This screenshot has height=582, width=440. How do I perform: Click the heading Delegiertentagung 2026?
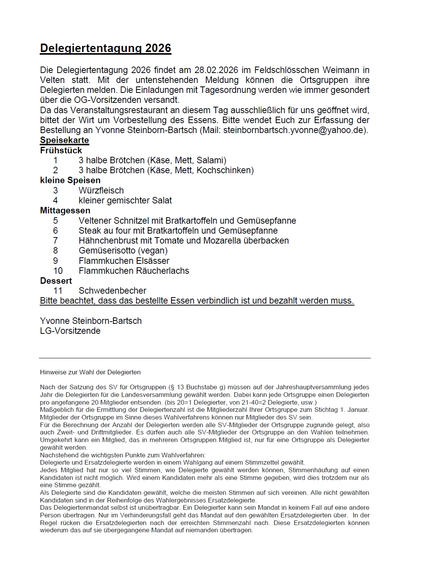coord(105,48)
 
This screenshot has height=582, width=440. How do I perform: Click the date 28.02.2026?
coord(216,70)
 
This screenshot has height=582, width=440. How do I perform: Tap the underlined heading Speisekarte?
coord(65,140)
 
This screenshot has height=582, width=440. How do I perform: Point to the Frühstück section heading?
coord(61,151)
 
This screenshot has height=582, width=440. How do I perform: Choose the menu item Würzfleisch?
coord(101,191)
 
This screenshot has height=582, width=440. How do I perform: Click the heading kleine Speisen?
coord(70,180)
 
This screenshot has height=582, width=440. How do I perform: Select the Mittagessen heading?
coord(65,211)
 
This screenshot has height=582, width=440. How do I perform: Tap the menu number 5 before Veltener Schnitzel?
coord(56,221)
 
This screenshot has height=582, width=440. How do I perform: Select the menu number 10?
coord(58,271)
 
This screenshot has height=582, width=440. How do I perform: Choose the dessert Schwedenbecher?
coord(112,291)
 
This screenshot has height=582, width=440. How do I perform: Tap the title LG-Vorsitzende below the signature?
coord(70,331)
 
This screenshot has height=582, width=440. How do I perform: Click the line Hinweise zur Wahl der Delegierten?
coord(90,372)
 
